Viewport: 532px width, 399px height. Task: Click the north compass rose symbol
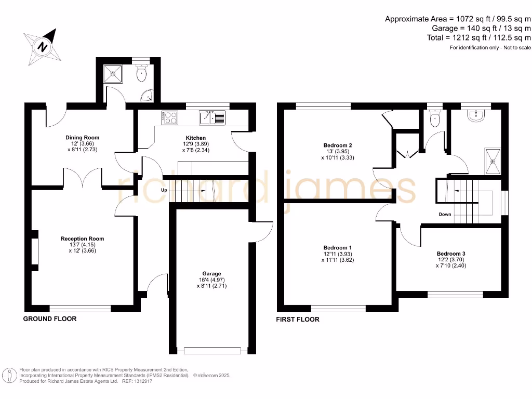pos(44,45)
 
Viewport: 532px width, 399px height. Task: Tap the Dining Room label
pos(82,138)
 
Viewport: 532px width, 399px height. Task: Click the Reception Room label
pos(82,239)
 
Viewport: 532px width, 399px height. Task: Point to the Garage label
pos(211,273)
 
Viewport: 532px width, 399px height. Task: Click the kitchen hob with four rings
pos(169,118)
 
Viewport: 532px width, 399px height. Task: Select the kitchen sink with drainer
pos(212,118)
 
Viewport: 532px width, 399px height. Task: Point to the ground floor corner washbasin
pos(149,96)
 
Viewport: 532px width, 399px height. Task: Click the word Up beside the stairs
pos(164,190)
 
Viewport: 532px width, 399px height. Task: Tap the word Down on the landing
pos(445,214)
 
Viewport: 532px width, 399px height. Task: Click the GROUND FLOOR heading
pos(50,318)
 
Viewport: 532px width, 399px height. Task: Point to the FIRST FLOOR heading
pos(298,319)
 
